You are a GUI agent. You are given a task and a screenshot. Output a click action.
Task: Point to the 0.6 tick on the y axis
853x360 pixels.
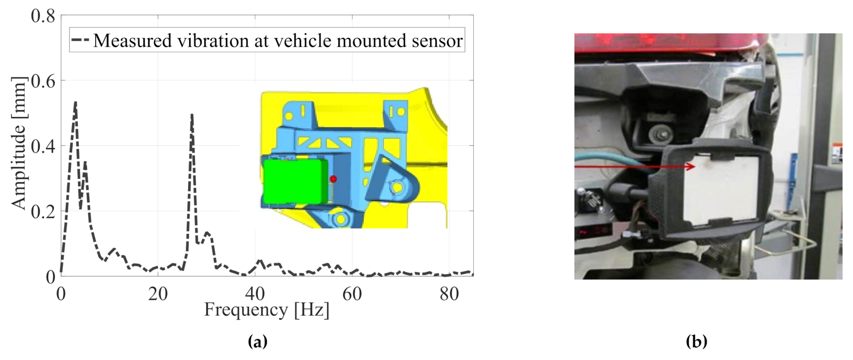tap(43, 80)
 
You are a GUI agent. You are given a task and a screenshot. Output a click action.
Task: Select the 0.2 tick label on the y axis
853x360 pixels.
tap(43, 212)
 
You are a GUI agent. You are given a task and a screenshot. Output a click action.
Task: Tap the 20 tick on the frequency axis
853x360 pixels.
tap(158, 294)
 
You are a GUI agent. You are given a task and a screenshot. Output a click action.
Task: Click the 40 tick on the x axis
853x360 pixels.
tap(255, 294)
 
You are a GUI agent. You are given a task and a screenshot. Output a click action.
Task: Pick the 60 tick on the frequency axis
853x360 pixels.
tap(352, 294)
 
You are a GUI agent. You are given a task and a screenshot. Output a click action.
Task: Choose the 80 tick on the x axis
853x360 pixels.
tap(449, 294)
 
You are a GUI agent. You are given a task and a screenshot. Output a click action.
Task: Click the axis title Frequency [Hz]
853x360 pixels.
tap(267, 310)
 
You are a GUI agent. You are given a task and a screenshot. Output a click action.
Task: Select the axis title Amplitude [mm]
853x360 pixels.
tap(19, 143)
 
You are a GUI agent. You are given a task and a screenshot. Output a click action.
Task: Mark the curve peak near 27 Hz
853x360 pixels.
tap(192, 114)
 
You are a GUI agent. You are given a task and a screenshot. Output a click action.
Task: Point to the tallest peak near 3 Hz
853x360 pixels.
tap(76, 102)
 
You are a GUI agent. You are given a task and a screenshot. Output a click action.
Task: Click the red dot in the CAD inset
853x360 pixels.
tap(333, 179)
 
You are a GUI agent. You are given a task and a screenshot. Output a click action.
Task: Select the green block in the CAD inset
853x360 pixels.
tap(295, 181)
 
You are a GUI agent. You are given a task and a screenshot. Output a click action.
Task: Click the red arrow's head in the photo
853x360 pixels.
tap(692, 166)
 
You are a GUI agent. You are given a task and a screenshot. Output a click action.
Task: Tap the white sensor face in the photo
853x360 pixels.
tap(722, 189)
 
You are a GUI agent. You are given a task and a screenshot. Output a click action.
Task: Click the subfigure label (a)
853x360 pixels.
tap(258, 341)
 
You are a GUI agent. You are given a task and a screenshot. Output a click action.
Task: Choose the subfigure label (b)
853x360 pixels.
tap(696, 341)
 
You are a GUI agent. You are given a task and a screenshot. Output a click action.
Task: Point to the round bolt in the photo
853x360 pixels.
tap(659, 132)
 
